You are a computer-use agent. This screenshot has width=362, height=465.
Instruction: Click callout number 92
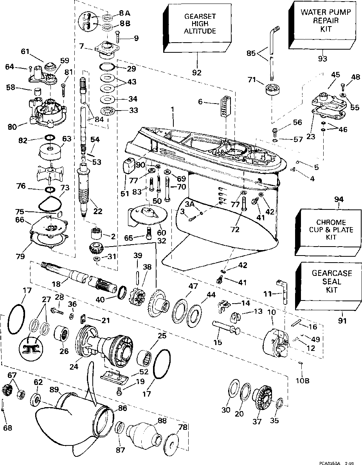pos(197,72)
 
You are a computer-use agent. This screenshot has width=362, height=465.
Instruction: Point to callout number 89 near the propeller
pos(54,389)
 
